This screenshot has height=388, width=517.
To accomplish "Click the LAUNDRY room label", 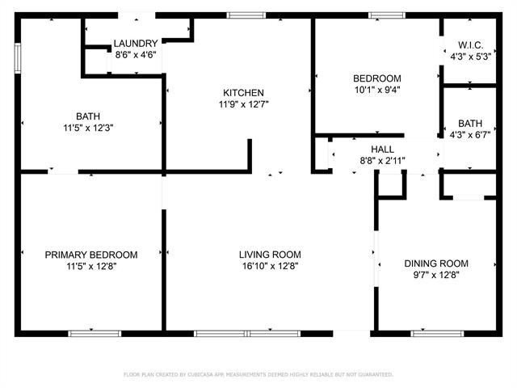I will (x=135, y=44).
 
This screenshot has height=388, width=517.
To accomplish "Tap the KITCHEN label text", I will (x=244, y=93).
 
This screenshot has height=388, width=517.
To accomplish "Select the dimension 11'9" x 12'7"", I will (x=244, y=104).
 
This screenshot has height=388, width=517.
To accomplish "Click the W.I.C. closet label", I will (x=469, y=45).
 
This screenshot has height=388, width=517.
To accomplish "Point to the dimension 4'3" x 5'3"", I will (x=469, y=57).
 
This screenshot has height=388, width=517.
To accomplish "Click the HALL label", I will (x=382, y=150).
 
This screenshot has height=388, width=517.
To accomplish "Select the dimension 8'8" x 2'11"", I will (x=382, y=161).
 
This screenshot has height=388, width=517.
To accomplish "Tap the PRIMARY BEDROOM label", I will (x=91, y=255).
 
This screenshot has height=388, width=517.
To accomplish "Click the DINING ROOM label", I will (x=436, y=264).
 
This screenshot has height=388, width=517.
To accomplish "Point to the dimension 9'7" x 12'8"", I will (x=436, y=275).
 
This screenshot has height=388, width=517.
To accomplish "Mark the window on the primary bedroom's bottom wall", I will (x=95, y=333).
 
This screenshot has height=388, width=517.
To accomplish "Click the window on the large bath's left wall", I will (x=17, y=57).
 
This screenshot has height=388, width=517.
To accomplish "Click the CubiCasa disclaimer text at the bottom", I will (x=258, y=374).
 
